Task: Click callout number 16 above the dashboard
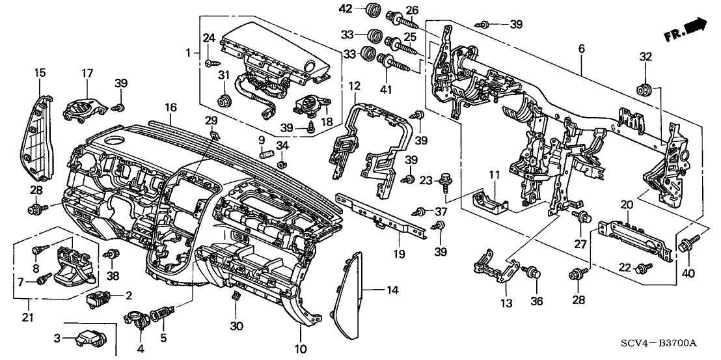pyautogui.click(x=170, y=107)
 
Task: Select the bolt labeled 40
pyautogui.click(x=686, y=246)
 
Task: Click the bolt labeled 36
pyautogui.click(x=532, y=273)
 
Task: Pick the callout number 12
pyautogui.click(x=353, y=85)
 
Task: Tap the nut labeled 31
pyautogui.click(x=226, y=100)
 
